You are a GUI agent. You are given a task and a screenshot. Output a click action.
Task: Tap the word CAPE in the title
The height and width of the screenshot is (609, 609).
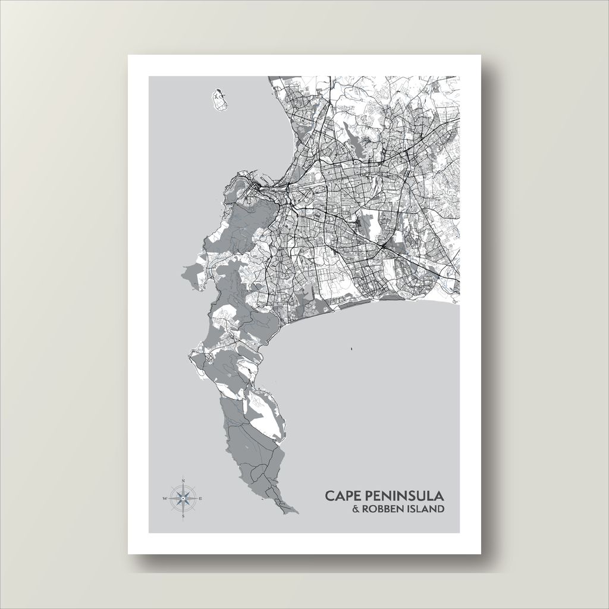pos(343,495)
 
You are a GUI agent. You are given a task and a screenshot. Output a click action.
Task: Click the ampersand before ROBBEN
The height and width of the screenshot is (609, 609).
pos(356,509)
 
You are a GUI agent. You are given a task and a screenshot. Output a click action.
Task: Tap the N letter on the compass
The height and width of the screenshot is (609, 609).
pos(183,480)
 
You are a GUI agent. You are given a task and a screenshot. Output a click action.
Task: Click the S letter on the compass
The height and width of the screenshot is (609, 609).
pos(183,516)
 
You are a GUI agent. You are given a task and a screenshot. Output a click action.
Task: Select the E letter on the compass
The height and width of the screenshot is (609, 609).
pos(201,498)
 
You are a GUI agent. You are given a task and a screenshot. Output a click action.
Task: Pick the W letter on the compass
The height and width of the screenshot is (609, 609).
pos(165,498)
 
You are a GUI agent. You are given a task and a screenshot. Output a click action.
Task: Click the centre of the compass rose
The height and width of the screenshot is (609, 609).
pos(183,498)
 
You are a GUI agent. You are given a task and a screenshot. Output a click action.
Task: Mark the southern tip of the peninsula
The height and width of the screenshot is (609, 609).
pos(296,511)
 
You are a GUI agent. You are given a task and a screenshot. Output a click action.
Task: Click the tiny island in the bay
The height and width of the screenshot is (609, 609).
pos(351,349)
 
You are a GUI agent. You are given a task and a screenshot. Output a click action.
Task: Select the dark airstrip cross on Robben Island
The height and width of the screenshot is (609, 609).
pos(219,95)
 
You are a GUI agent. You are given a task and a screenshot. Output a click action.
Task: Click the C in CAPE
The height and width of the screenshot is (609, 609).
pos(329,495)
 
